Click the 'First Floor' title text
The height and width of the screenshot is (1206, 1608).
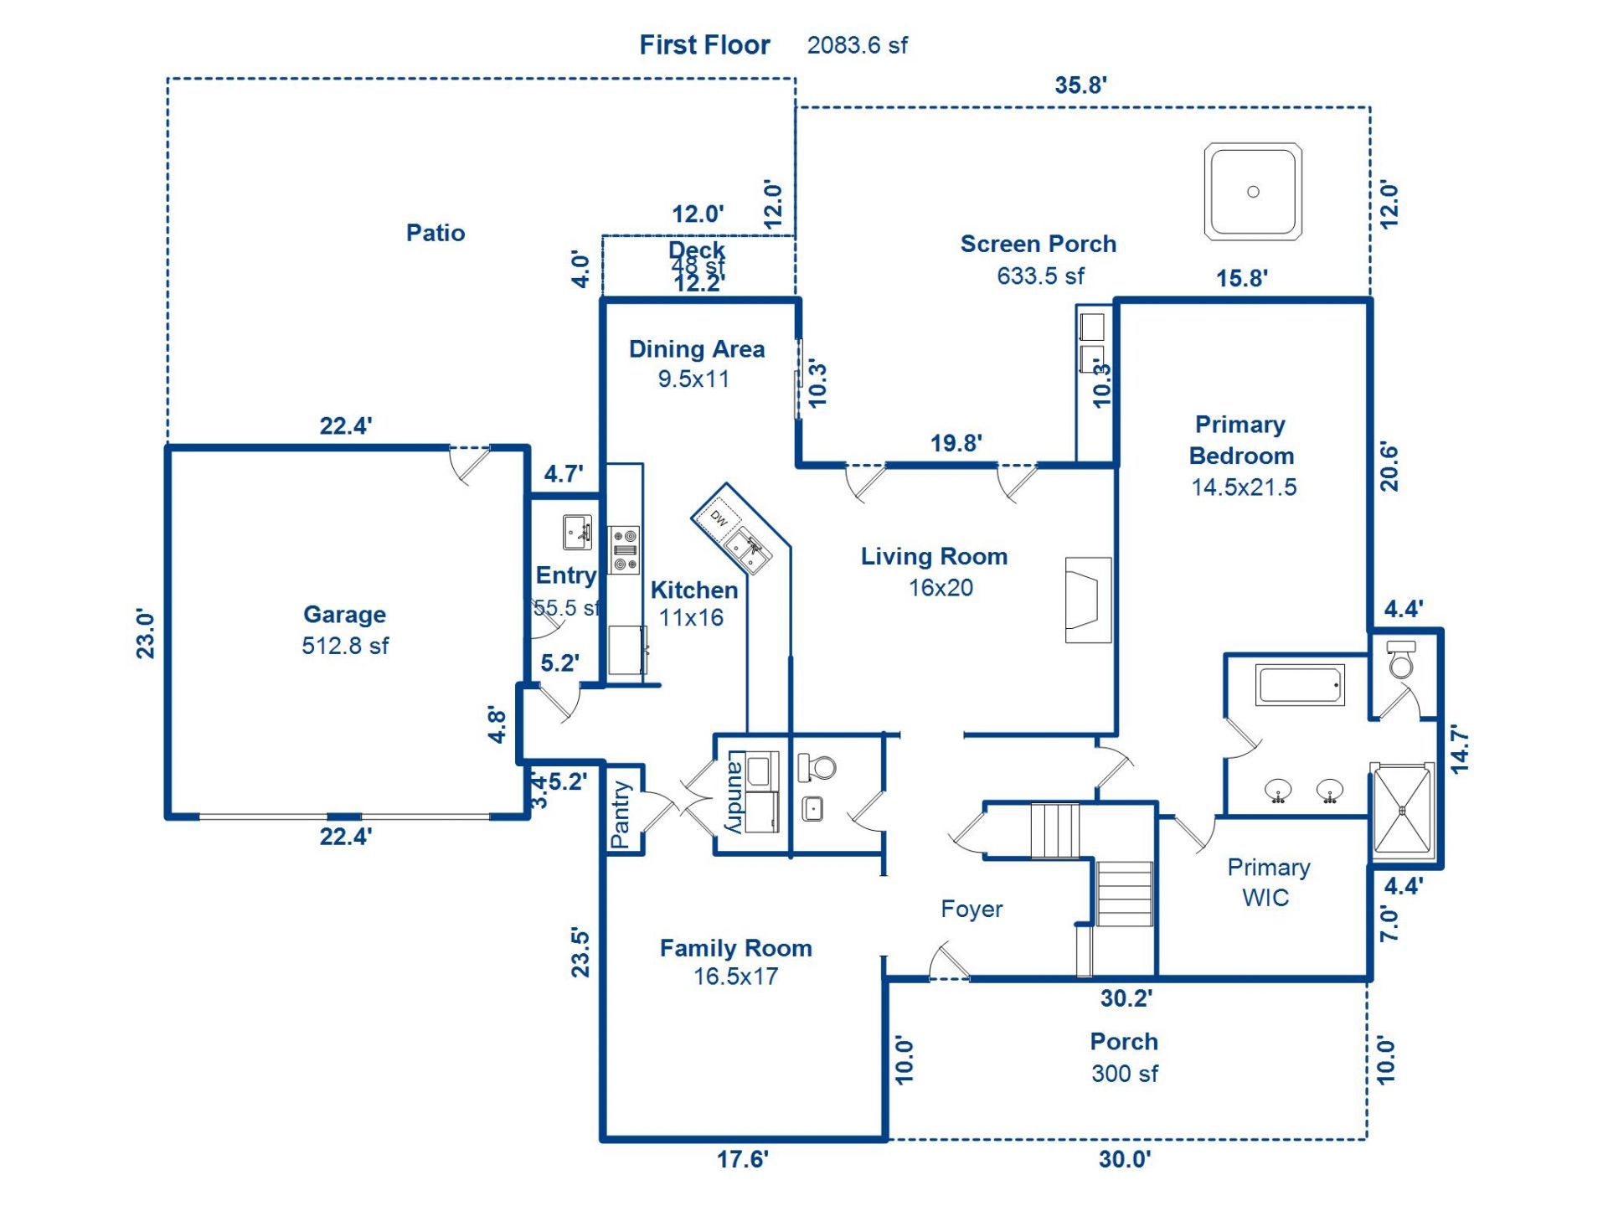pos(704,45)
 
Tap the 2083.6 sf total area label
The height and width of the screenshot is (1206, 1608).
pos(857,45)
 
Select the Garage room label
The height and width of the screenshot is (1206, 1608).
pos(344,614)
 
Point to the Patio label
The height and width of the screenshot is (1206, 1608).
pos(435,233)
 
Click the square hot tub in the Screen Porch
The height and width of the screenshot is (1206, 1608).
pos(1253,192)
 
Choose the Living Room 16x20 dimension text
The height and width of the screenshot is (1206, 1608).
pos(941,588)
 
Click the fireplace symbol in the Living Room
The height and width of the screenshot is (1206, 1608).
pos(1087,600)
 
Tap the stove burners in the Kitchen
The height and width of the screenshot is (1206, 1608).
pos(624,549)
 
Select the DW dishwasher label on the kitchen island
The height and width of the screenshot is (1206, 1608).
pos(719,518)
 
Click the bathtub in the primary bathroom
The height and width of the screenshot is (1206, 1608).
pos(1300,685)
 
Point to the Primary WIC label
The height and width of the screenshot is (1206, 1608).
pos(1268,882)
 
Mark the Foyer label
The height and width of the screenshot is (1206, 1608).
pos(971,909)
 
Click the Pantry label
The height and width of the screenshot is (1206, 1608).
pos(621,814)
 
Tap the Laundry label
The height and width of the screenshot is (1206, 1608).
pos(734,792)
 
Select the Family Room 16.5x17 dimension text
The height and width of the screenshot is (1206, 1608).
pos(735,977)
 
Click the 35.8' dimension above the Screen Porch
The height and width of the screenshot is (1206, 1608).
pos(1080,85)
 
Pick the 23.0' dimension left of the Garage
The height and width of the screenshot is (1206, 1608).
pos(146,634)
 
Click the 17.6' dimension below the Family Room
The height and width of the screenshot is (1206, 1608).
pos(742,1159)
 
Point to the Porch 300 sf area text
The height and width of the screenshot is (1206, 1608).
pos(1124,1074)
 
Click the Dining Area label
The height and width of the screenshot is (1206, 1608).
pos(697,349)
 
